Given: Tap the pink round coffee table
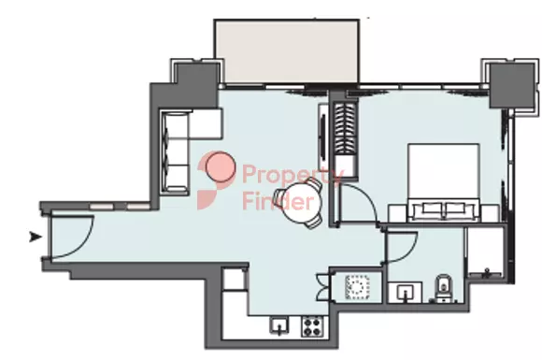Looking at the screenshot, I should (x=221, y=167).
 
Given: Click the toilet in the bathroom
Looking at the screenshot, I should (x=442, y=290).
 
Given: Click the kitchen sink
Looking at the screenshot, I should (x=279, y=326).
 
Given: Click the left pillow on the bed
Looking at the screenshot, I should (x=428, y=207).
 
